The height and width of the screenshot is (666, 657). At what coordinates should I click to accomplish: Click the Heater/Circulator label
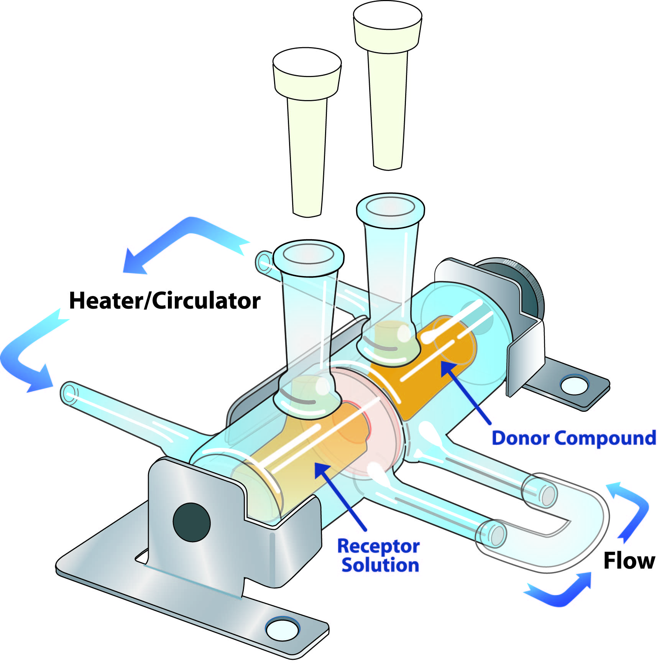click(165, 301)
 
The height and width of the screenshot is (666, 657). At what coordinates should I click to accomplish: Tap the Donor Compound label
click(573, 438)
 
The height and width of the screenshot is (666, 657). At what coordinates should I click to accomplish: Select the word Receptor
click(378, 546)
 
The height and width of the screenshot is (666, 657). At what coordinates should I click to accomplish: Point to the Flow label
click(629, 561)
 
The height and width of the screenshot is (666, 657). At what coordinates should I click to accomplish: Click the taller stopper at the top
click(387, 77)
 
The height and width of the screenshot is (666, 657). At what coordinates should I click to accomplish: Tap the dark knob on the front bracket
click(192, 522)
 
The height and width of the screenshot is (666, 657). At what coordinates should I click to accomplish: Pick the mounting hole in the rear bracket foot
click(574, 385)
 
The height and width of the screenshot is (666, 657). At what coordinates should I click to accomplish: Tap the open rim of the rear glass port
click(390, 207)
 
